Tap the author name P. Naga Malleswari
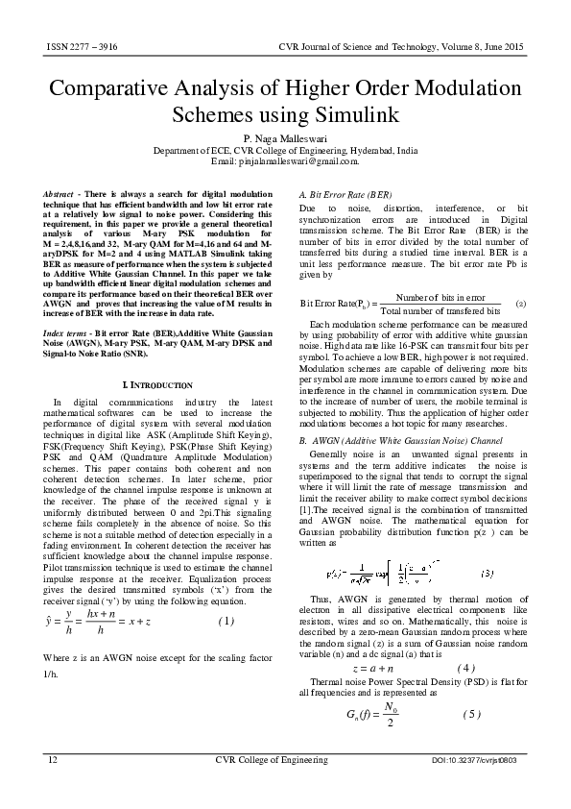pos(285,140)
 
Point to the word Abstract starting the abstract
pos(62,195)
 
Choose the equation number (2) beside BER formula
pos(520,304)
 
